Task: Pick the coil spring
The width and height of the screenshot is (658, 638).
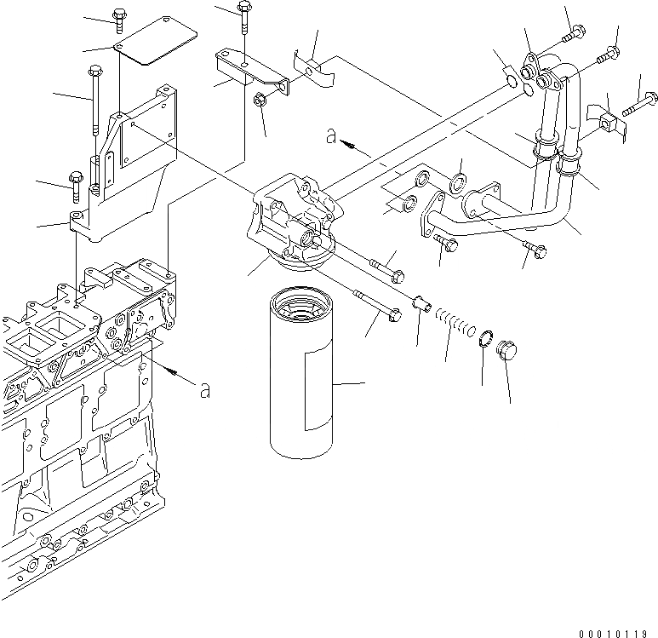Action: pos(456,324)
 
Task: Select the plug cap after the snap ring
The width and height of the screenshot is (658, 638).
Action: pos(508,350)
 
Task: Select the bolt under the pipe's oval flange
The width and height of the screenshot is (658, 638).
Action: pos(448,245)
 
